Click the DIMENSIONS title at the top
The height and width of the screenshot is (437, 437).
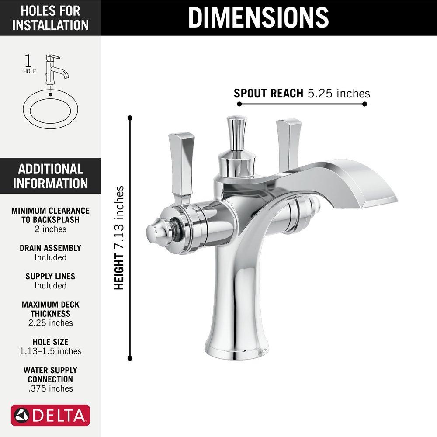pyautogui.click(x=258, y=17)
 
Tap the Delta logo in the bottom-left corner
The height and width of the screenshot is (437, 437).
pyautogui.click(x=50, y=415)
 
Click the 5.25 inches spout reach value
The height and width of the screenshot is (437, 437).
pyautogui.click(x=339, y=94)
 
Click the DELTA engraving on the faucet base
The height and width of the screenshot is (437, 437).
pyautogui.click(x=262, y=351)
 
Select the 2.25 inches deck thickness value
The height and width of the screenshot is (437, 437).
pyautogui.click(x=50, y=323)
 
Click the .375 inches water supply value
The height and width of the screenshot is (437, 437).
pyautogui.click(x=50, y=388)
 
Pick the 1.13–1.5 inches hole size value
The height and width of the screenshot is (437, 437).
pyautogui.click(x=50, y=351)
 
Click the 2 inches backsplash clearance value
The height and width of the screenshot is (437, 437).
pyautogui.click(x=50, y=229)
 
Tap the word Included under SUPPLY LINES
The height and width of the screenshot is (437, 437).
pyautogui.click(x=50, y=285)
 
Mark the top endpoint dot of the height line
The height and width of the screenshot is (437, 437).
pyautogui.click(x=130, y=118)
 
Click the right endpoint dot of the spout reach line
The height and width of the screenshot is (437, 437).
pyautogui.click(x=364, y=104)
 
